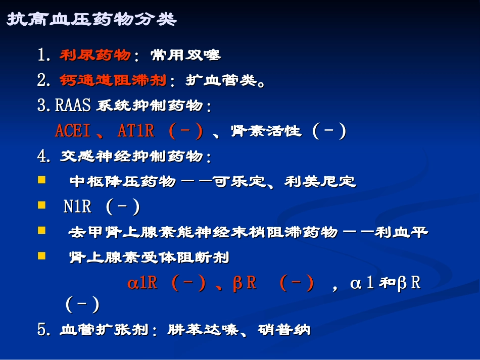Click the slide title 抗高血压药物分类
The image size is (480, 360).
[91, 19]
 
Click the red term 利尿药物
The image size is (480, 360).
[95, 55]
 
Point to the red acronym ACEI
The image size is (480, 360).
[72, 132]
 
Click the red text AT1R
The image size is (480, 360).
[135, 132]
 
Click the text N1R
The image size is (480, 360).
[77, 207]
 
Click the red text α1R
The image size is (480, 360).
[142, 283]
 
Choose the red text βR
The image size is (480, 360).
[245, 283]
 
